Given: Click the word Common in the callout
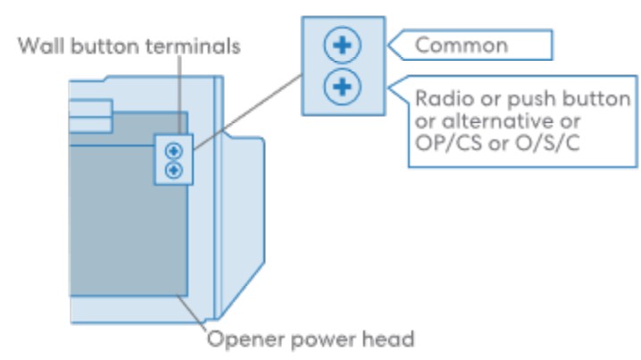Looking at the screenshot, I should pos(462,44).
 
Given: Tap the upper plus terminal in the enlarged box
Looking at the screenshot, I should pos(341,44).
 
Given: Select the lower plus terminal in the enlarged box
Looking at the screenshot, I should pos(341,88).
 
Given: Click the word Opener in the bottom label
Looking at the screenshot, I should pos(238,339).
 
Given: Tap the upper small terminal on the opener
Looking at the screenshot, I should pos(172,150).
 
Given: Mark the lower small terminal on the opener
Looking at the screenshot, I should pos(172,169).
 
